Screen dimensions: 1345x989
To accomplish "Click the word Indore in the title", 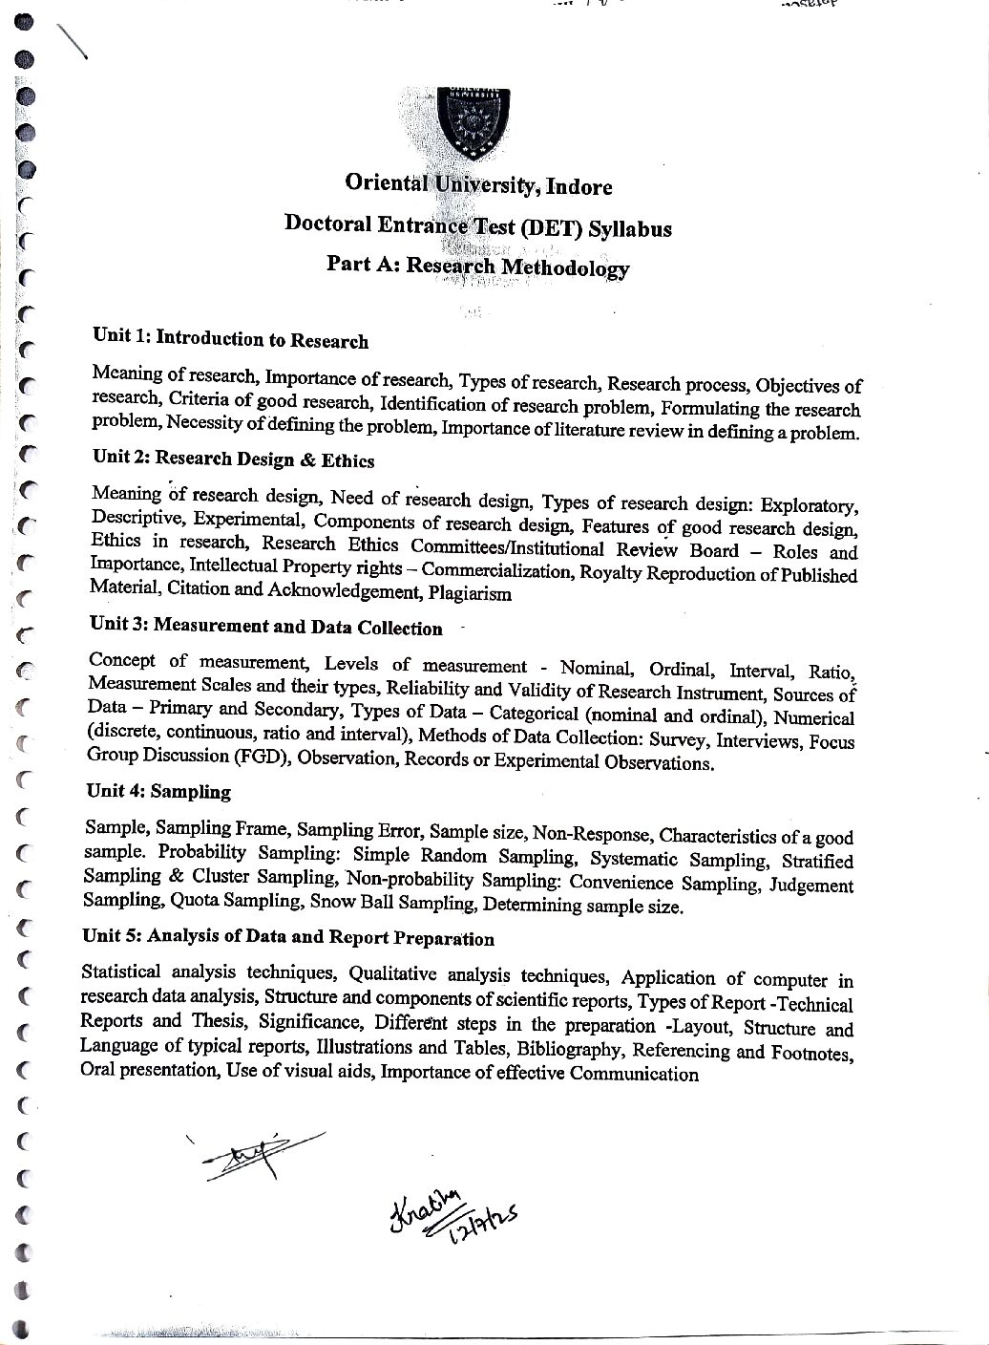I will coord(579,187).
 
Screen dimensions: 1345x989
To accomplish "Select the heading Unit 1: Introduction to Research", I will coord(230,339).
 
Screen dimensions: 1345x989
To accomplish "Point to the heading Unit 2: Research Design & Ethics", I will coord(233,459).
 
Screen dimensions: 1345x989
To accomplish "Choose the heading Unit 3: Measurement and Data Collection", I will coord(265,627).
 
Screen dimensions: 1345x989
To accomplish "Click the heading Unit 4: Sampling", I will coord(158,791).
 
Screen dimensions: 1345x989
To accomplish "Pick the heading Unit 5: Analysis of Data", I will coord(288,937).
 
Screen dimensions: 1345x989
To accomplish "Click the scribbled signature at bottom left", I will coord(256,1156).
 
